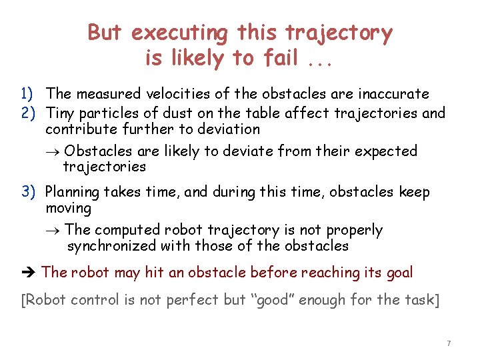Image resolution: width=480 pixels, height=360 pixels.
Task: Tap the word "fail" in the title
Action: (x=280, y=59)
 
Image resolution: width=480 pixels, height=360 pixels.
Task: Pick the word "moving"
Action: (x=68, y=209)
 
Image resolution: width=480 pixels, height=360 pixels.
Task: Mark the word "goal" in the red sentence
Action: (x=399, y=273)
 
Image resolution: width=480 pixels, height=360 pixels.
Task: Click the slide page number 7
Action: (x=449, y=343)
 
